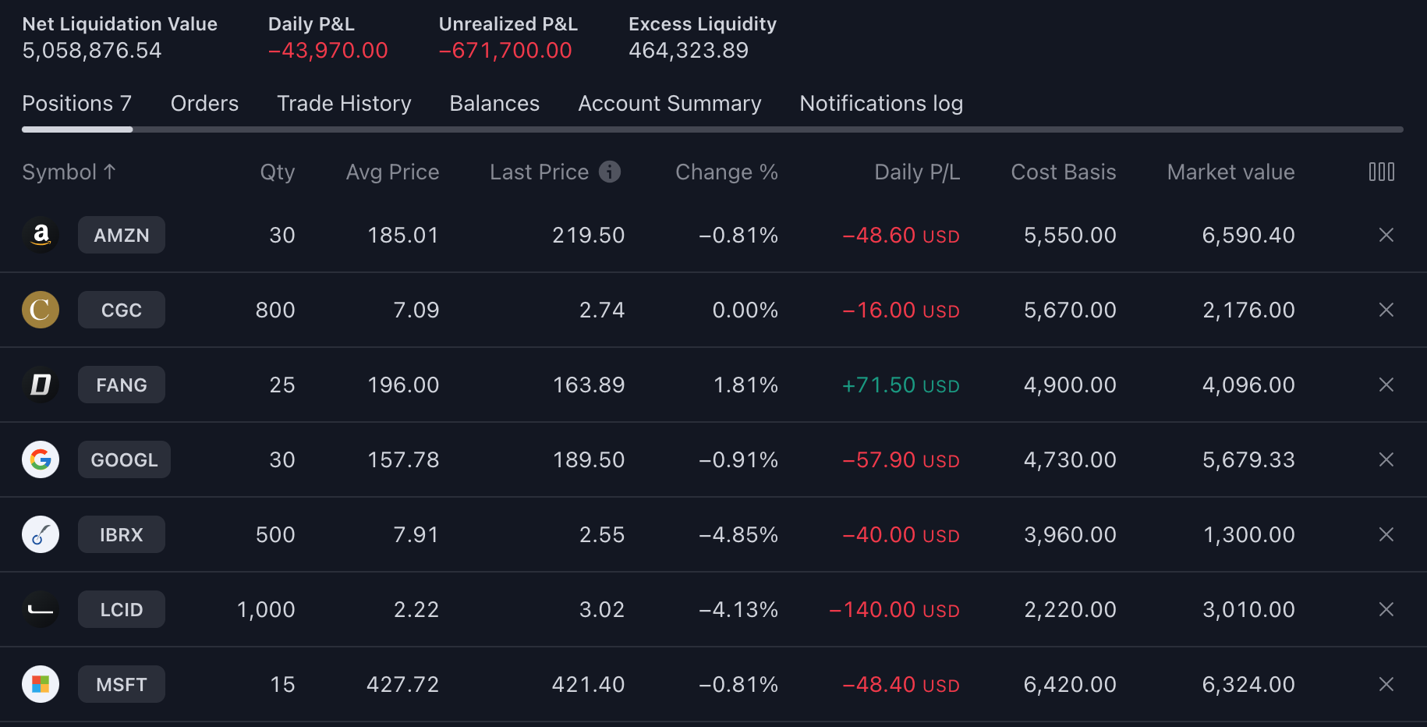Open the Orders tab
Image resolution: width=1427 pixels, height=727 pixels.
click(204, 104)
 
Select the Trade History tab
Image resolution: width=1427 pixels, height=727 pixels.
click(344, 104)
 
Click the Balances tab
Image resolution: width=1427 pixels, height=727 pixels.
click(494, 104)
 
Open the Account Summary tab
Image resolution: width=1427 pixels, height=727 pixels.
click(669, 104)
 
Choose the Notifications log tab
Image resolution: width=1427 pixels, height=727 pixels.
click(881, 104)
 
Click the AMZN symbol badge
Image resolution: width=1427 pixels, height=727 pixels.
click(122, 235)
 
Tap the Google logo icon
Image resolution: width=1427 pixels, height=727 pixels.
click(41, 459)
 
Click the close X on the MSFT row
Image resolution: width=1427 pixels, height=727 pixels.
click(1386, 684)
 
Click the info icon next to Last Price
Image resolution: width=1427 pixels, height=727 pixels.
click(610, 172)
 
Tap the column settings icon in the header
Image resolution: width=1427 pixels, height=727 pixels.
click(1381, 172)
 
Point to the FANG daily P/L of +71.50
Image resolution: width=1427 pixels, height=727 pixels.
click(901, 385)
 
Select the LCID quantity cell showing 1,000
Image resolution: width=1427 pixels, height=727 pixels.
click(266, 609)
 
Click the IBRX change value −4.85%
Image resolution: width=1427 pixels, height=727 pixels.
click(738, 534)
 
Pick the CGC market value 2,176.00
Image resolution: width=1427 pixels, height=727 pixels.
click(1248, 310)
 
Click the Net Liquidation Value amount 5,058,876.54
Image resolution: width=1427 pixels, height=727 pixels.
click(92, 51)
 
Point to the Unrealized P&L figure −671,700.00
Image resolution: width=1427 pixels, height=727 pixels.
click(505, 51)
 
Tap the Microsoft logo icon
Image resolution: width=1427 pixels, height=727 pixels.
click(41, 684)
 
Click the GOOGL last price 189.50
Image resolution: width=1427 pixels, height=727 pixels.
click(589, 459)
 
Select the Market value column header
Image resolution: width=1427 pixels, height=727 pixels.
click(1230, 172)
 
